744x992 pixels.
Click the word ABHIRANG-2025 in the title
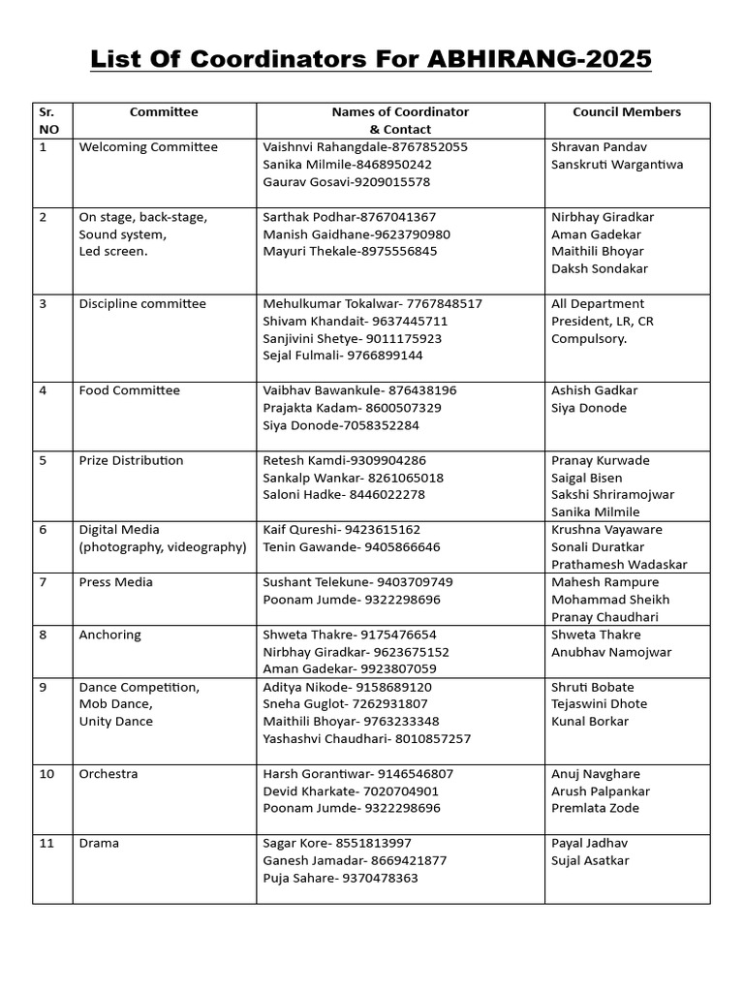pos(536,60)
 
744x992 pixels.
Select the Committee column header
pos(164,112)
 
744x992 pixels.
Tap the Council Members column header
pos(626,112)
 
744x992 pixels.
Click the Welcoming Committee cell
pos(148,147)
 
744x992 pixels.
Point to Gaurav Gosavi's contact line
pos(346,182)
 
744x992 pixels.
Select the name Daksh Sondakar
pos(600,268)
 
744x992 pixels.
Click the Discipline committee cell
pos(142,304)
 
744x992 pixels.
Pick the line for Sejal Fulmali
pos(343,356)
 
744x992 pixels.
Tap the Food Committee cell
pos(129,390)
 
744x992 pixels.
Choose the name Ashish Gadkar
pos(595,390)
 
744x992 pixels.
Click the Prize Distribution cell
pos(131,460)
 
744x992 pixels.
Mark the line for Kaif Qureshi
pos(341,530)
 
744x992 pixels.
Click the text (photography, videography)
pos(163,547)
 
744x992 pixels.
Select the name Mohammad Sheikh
pos(610,600)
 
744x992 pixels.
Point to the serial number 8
pos(44,635)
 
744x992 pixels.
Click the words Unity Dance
pos(115,722)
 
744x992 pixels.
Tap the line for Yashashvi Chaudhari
pos(366,739)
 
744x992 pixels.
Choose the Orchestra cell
pos(108,774)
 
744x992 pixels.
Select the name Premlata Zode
pos(595,809)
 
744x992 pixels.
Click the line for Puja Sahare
pos(340,878)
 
